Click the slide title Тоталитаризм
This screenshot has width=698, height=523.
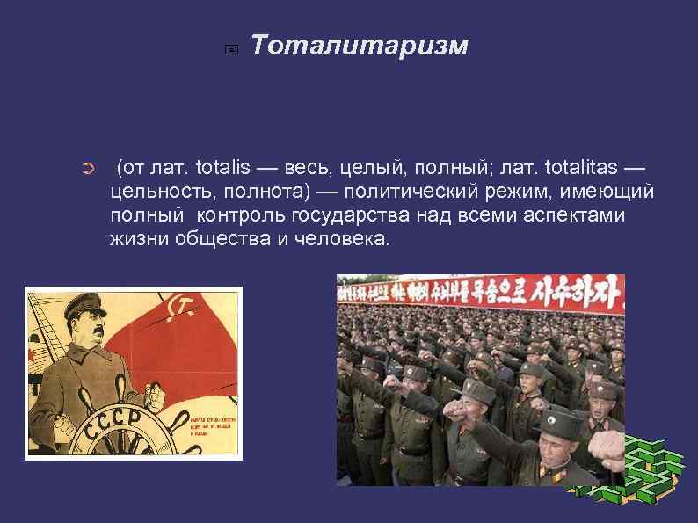[x=360, y=46]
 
